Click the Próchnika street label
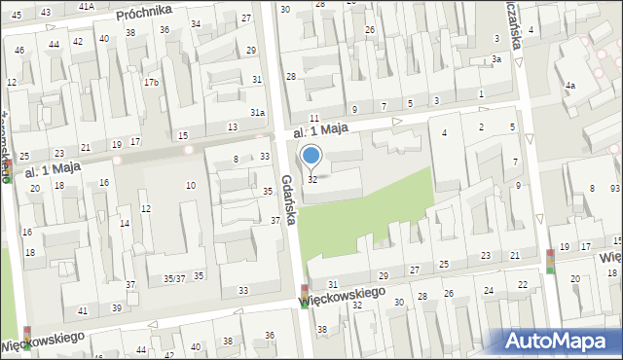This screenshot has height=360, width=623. [x=143, y=12]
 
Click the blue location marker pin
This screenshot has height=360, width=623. [x=311, y=155]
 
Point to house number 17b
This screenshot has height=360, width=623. [x=151, y=82]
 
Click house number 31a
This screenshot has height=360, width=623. [x=257, y=113]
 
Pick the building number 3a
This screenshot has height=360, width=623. [x=496, y=59]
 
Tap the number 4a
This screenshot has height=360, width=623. [x=570, y=86]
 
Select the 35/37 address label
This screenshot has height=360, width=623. [x=174, y=278]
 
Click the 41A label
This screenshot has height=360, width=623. [x=87, y=6]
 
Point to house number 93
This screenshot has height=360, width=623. [x=615, y=188]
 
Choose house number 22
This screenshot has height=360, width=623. [x=523, y=284]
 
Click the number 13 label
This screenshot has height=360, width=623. [x=232, y=127]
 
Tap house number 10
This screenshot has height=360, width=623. [x=191, y=185]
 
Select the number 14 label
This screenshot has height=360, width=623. [x=125, y=224]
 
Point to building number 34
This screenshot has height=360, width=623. [x=197, y=24]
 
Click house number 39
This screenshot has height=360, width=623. [x=117, y=307]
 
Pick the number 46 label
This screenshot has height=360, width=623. [x=19, y=50]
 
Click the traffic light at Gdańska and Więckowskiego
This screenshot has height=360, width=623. [x=305, y=291]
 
